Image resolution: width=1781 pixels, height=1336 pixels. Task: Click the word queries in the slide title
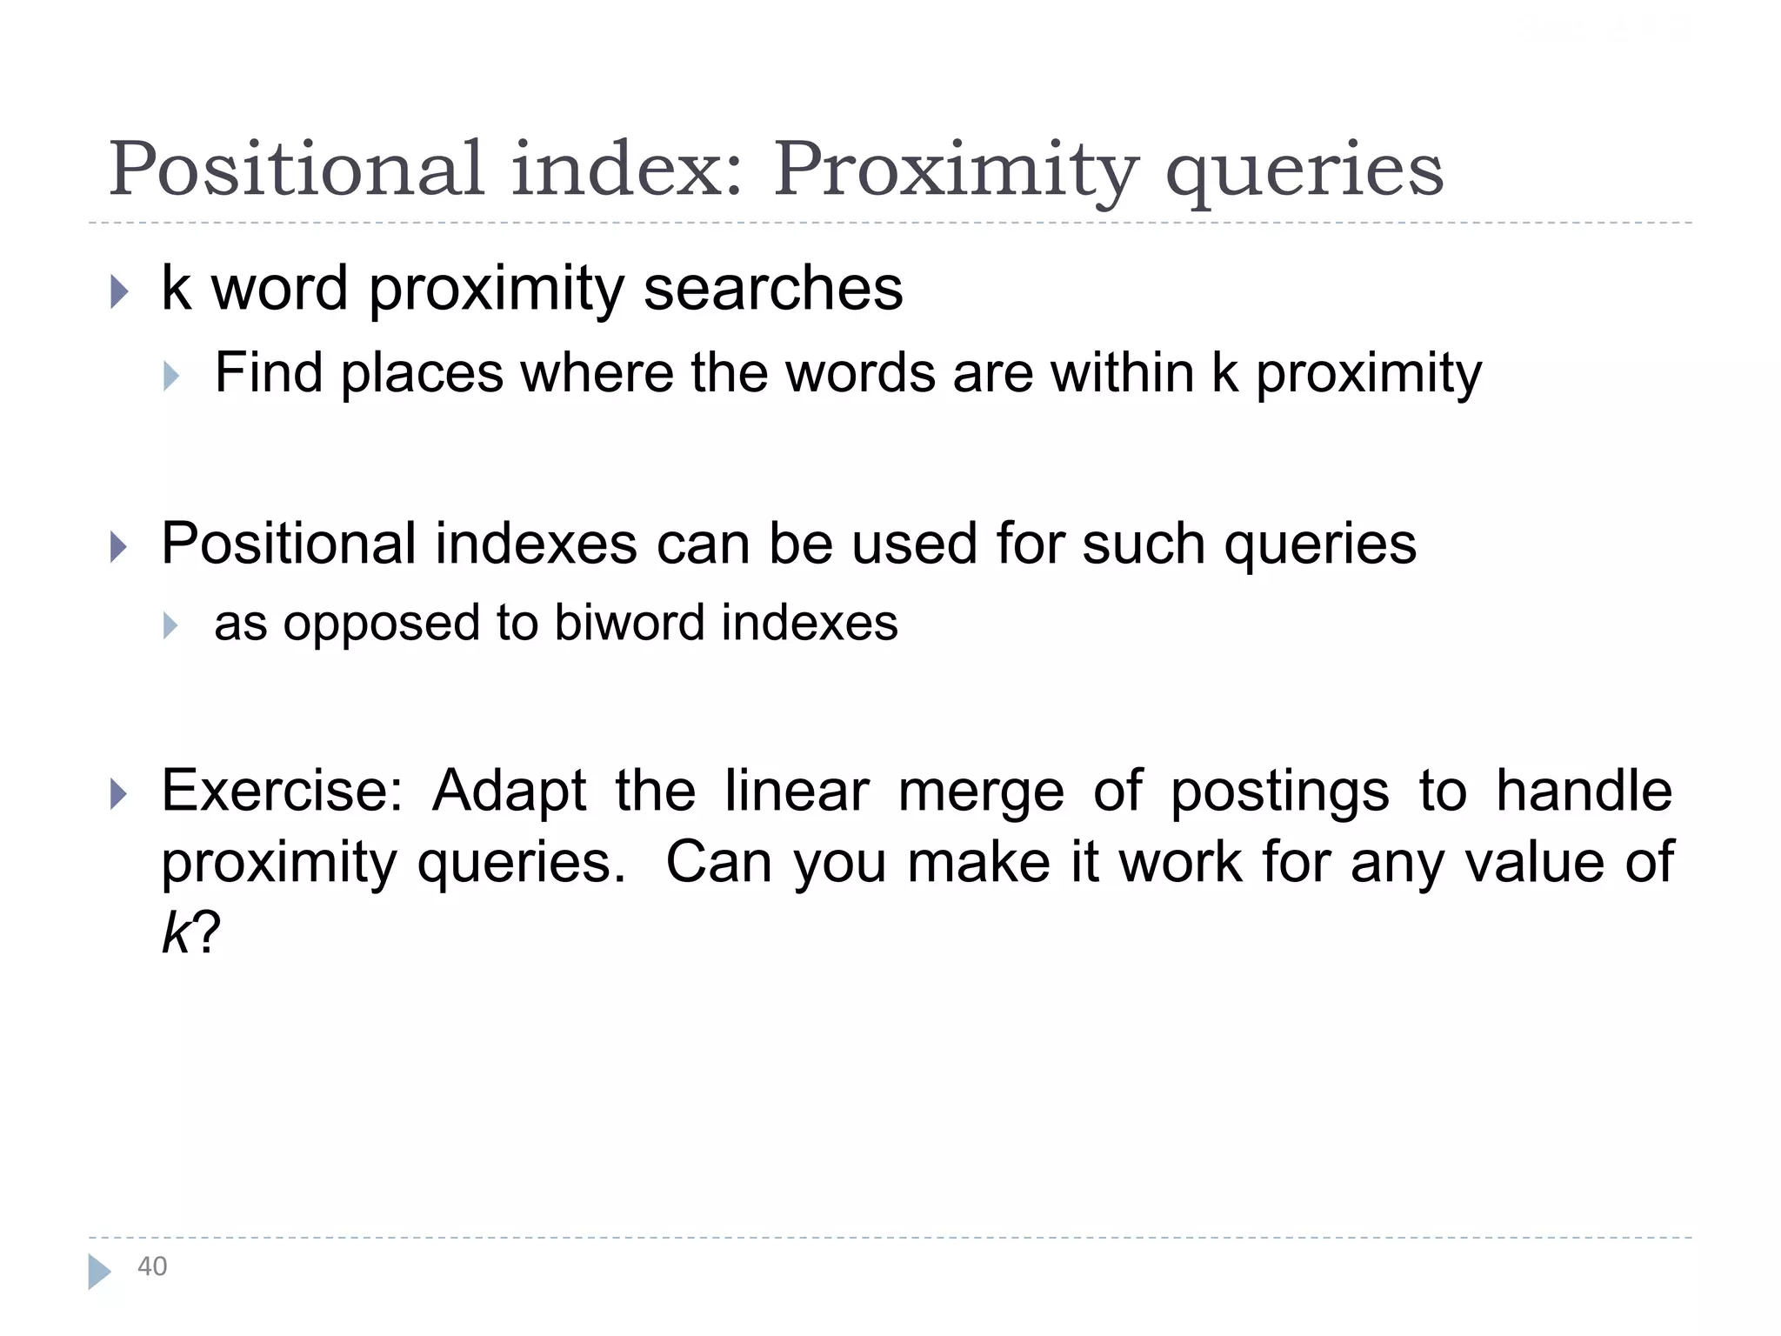click(x=1304, y=170)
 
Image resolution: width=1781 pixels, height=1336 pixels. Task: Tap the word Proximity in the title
click(x=955, y=170)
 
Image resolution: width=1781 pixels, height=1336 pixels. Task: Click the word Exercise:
click(x=283, y=791)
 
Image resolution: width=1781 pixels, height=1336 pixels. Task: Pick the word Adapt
click(x=510, y=792)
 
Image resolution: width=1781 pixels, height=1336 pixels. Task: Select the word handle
click(x=1584, y=791)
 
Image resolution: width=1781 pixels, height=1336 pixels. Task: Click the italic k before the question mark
click(x=175, y=933)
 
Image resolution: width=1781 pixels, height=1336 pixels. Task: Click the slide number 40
click(x=152, y=1266)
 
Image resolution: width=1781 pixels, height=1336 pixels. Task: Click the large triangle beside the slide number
click(x=99, y=1272)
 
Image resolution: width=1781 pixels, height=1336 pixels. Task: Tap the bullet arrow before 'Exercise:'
click(x=119, y=793)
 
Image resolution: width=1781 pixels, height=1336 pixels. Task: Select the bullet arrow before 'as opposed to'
click(x=170, y=625)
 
